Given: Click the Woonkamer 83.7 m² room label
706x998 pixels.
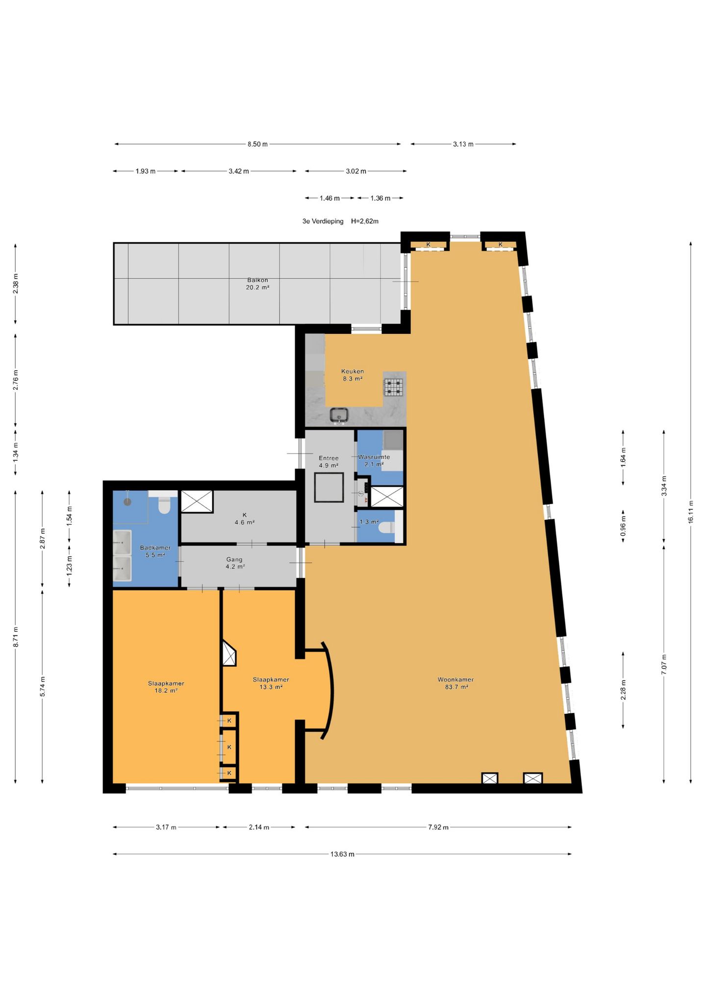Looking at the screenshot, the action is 455,683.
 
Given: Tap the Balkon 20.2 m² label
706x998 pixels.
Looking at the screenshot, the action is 257,284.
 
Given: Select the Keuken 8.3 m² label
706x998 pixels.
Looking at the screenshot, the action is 353,375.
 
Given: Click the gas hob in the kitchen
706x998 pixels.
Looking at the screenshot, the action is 393,387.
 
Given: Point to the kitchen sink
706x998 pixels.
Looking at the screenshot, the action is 339,415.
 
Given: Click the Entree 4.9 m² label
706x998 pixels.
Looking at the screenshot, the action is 328,462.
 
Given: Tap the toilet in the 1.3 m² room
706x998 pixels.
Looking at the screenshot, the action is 387,527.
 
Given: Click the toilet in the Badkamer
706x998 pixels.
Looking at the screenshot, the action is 164,505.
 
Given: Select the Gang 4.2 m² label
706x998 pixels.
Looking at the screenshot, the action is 235,563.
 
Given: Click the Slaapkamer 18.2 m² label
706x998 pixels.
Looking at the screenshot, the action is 166,687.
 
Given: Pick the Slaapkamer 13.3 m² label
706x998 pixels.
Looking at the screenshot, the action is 271,683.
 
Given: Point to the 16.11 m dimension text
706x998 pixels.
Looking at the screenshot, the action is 691,512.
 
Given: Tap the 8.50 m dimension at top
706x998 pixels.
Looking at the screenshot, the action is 257,144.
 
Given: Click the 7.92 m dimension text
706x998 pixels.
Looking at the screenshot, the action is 438,827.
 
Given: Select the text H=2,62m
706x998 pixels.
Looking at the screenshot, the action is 365,221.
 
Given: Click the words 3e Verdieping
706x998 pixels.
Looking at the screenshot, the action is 323,221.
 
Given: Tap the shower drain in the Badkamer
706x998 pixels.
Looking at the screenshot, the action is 127,502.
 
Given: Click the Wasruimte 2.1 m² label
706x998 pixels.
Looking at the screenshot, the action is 374,460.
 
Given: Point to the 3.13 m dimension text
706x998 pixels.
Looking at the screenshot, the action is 463,144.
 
